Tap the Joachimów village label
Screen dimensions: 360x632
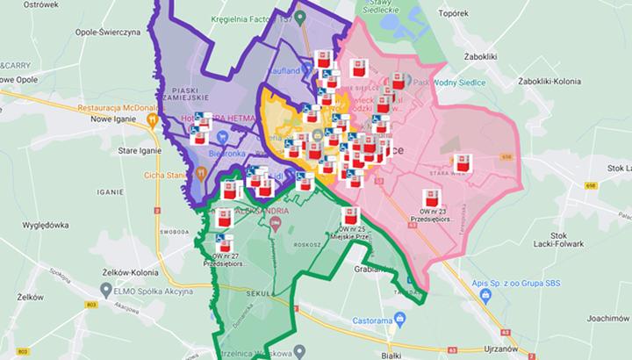pyautogui.click(x=606, y=318)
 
